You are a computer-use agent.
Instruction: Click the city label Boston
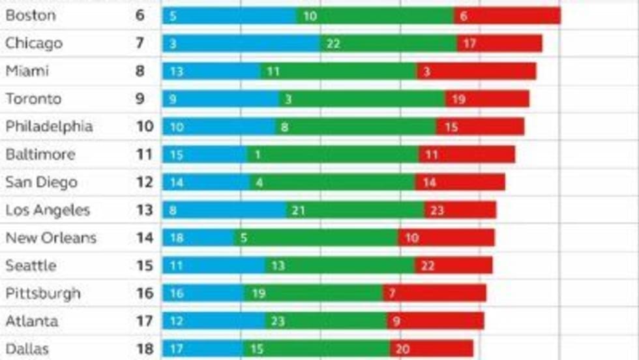tap(31, 16)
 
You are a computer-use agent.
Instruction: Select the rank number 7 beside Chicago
tap(140, 44)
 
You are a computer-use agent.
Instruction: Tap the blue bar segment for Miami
tap(211, 72)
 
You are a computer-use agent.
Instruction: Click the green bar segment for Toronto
tap(362, 99)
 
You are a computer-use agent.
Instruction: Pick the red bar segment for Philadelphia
tap(480, 127)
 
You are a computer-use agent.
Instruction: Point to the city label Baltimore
tap(40, 155)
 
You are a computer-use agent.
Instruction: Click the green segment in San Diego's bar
tap(333, 183)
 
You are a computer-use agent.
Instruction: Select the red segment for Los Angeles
tap(460, 210)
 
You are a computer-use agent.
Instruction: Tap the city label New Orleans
tap(51, 238)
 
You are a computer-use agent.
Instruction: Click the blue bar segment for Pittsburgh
tap(203, 293)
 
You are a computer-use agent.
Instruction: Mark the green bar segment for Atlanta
tap(326, 321)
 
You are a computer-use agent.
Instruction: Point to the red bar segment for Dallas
tap(431, 349)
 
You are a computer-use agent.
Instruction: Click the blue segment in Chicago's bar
tap(241, 44)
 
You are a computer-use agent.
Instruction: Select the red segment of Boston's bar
tap(507, 16)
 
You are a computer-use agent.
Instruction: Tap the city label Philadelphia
tap(49, 127)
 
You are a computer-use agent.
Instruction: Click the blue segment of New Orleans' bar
tap(198, 238)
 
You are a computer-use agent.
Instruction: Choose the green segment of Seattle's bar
tap(340, 265)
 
